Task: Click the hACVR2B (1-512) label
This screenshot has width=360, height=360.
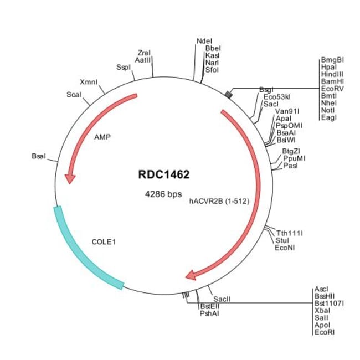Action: point(218,202)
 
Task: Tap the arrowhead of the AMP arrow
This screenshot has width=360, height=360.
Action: point(70,178)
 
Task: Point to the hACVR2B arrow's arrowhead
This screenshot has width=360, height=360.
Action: point(191,275)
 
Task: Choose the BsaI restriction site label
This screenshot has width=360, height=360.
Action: point(39,157)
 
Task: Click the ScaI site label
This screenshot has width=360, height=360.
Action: point(74,94)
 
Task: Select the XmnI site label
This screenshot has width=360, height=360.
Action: point(89,81)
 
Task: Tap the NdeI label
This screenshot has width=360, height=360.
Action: point(204,41)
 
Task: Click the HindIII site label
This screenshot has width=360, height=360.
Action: point(332,74)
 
